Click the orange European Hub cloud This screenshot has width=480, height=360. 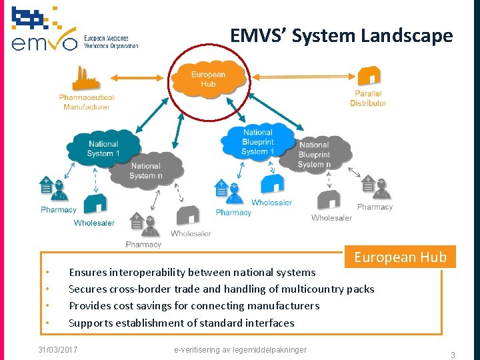[x=208, y=79]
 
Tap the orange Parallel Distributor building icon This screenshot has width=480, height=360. [x=369, y=77]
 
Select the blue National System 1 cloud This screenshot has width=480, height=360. [x=103, y=148]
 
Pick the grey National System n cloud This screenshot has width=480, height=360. [x=145, y=171]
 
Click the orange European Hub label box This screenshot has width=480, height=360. [x=400, y=257]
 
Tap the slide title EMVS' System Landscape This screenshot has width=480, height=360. [x=341, y=35]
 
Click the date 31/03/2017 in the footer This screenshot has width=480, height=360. [x=58, y=349]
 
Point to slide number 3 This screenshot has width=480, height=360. [x=453, y=355]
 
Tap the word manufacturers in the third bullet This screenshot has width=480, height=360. [x=282, y=305]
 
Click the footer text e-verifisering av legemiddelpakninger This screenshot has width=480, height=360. [x=240, y=349]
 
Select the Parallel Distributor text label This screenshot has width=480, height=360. [x=368, y=99]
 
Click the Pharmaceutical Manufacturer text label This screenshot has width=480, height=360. [x=87, y=102]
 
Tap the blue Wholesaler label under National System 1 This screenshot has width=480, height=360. [x=94, y=223]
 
